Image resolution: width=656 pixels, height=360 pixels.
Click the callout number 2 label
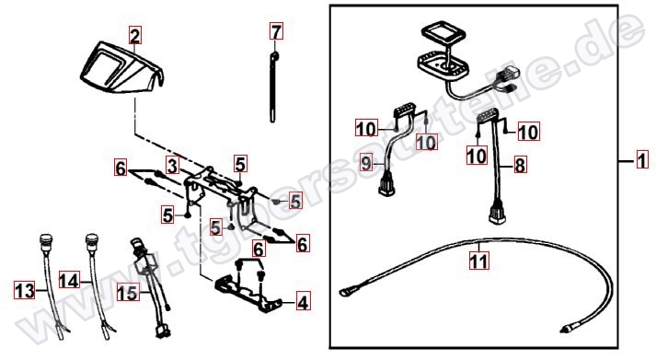pos(135,37)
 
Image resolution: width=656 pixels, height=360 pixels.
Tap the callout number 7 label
pos(275,32)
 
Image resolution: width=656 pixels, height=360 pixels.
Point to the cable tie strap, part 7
pos(276,87)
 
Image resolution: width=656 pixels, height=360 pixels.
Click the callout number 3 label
pos(171,166)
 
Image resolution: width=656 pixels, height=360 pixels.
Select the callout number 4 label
pos(302,301)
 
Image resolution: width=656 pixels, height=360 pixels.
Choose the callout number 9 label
pos(364,164)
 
